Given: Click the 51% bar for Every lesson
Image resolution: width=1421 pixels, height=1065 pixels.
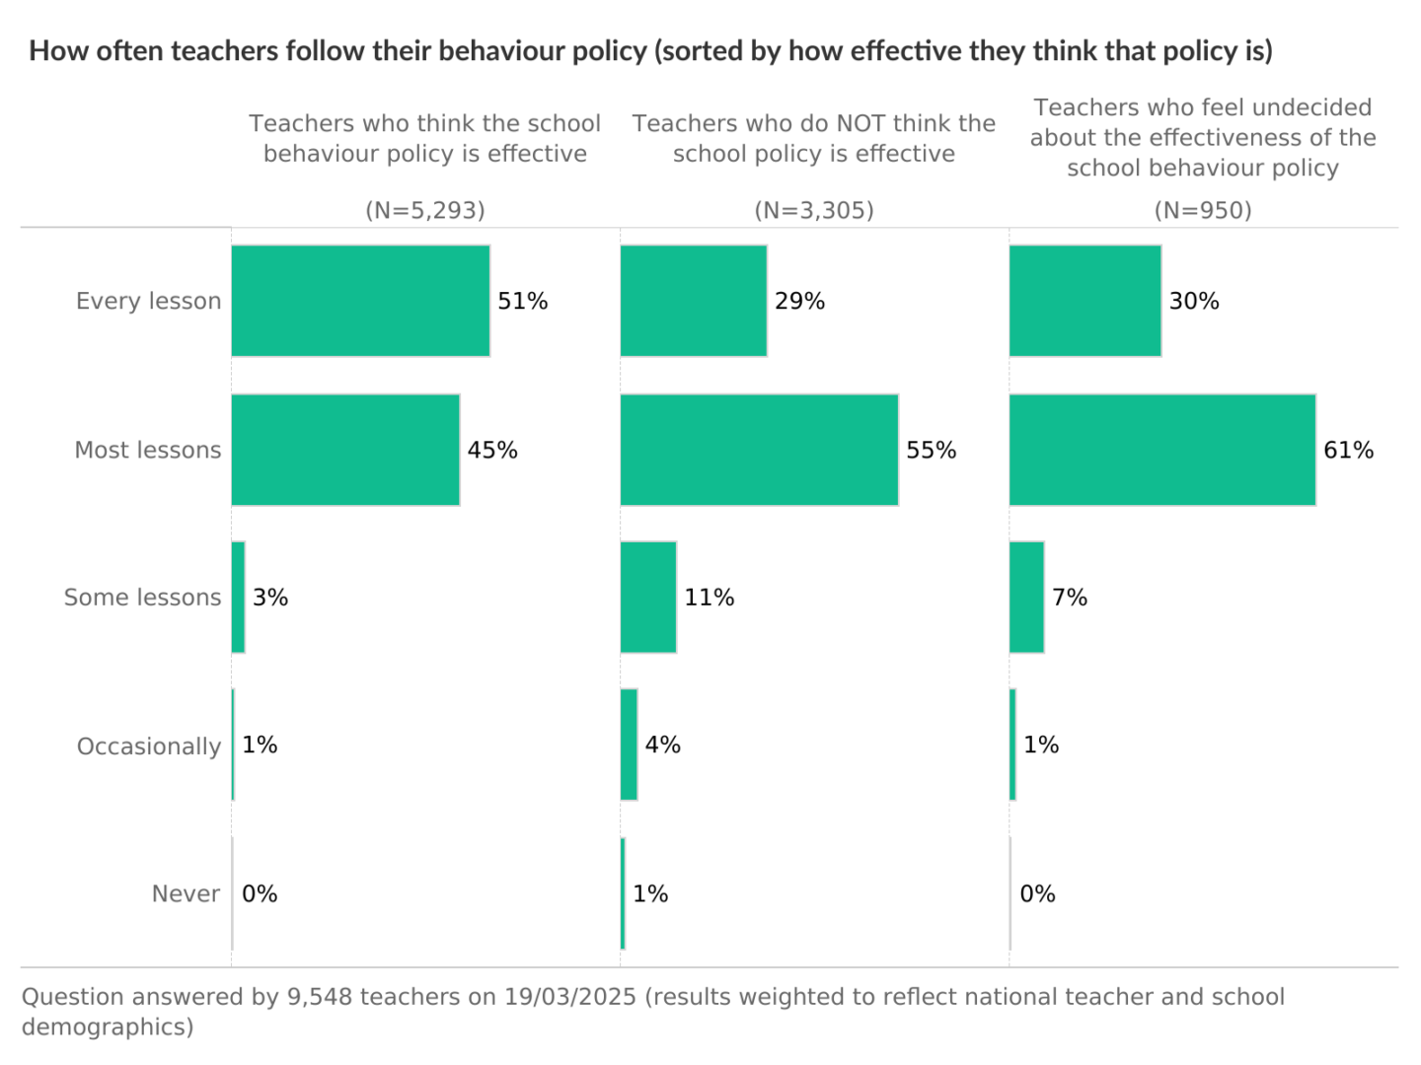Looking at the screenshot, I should point(360,301).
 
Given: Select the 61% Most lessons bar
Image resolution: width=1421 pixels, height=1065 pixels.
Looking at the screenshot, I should point(1162,450).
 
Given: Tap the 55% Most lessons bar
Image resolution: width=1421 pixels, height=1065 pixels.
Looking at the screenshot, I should point(759,450).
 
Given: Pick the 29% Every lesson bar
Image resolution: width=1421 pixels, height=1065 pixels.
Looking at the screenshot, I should point(694,301).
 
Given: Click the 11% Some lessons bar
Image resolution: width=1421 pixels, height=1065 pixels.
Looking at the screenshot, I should point(648,597).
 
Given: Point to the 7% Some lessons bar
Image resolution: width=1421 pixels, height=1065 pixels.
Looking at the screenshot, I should point(1026,597).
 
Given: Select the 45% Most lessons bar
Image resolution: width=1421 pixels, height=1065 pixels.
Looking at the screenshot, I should point(345,450).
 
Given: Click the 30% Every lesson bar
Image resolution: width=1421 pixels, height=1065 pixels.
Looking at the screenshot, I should point(1085,301).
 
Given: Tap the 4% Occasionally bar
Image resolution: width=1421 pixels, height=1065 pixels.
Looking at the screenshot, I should point(629,745).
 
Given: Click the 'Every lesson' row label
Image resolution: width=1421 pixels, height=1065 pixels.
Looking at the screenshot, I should point(148,301).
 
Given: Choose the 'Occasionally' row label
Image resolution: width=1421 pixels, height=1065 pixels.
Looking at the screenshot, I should point(148,746).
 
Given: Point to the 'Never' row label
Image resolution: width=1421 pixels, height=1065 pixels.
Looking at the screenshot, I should point(186,893).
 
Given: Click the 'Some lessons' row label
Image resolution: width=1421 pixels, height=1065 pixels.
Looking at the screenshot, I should point(142,598).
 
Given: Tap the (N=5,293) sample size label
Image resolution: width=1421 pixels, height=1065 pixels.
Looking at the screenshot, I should point(425,210).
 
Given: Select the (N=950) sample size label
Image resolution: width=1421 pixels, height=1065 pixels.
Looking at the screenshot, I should point(1203,210).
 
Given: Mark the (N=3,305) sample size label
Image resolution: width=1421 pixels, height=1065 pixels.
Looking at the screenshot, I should point(814,210).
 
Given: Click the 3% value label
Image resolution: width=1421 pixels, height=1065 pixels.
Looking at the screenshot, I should point(270,598).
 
